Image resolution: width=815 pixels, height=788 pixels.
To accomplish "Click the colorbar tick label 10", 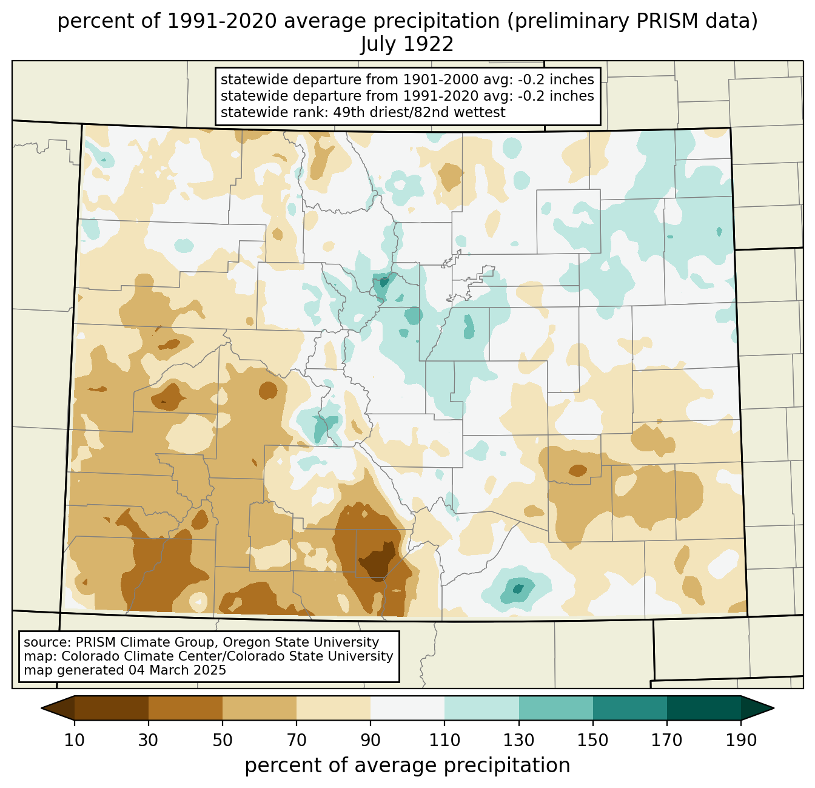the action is pyautogui.click(x=74, y=740).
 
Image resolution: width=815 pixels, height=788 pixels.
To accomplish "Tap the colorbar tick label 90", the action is pyautogui.click(x=371, y=740).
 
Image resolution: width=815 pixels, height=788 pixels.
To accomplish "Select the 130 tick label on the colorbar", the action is pyautogui.click(x=518, y=740).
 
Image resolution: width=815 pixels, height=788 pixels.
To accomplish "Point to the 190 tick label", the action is pyautogui.click(x=741, y=740).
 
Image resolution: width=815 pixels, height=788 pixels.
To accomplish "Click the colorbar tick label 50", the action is pyautogui.click(x=223, y=740).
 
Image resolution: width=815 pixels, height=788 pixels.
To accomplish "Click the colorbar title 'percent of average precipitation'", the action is pyautogui.click(x=407, y=765).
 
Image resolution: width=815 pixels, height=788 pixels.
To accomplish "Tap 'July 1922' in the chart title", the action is pyautogui.click(x=407, y=44).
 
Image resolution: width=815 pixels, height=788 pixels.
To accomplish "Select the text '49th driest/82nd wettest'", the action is pyautogui.click(x=419, y=112).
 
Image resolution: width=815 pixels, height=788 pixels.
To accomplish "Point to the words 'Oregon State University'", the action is pyautogui.click(x=301, y=642).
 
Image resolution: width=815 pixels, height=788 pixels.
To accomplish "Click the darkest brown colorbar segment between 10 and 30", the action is pyautogui.click(x=112, y=708).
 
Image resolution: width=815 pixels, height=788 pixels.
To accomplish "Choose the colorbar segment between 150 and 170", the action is pyautogui.click(x=629, y=708).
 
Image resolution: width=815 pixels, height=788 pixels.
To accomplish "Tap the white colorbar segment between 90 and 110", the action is pyautogui.click(x=407, y=708).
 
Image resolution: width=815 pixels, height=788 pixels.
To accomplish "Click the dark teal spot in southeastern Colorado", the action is pyautogui.click(x=518, y=588).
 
